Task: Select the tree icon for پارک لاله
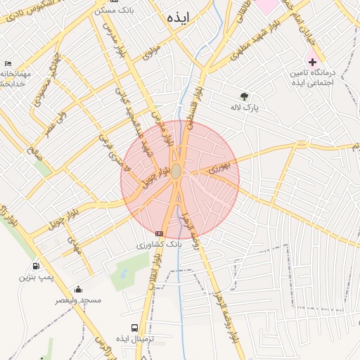coord(244,96)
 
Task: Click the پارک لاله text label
coord(244,109)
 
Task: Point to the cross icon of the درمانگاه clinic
coord(313,62)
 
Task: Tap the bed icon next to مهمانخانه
coord(7,63)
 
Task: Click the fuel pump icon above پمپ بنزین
coord(36,266)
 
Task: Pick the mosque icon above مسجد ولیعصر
coord(78,289)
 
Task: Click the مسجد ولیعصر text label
coord(79,300)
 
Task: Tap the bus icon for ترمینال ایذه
coord(134,328)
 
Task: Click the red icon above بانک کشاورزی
coord(159,233)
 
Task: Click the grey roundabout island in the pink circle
coord(176,172)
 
